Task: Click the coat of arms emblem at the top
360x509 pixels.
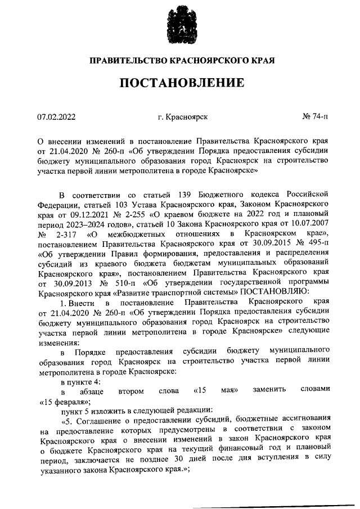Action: point(181,25)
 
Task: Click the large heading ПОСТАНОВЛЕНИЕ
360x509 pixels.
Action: point(181,83)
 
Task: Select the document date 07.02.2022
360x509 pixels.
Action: point(56,118)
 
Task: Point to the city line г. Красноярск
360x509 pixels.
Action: point(183,118)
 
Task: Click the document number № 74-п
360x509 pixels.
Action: point(316,118)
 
